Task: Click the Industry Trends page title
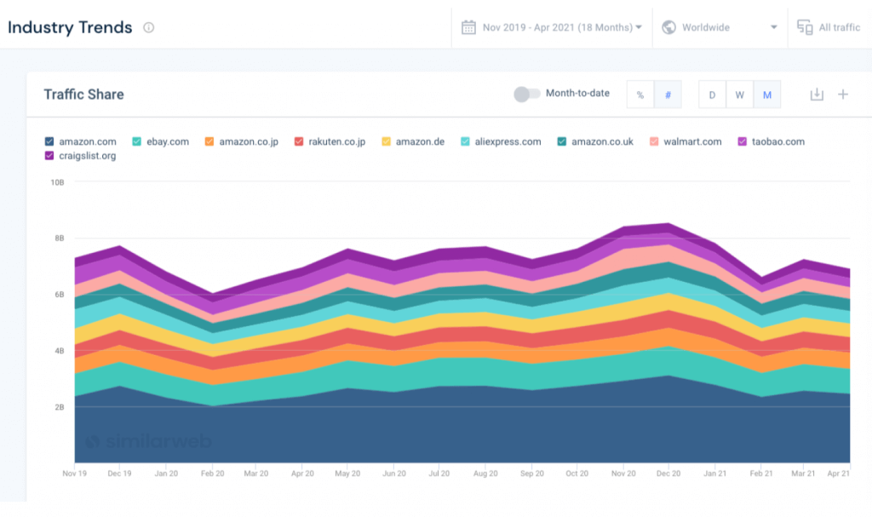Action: (70, 27)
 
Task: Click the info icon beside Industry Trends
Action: (149, 27)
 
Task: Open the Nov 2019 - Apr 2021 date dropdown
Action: (552, 27)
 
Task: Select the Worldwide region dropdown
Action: (719, 27)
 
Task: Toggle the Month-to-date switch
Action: (526, 94)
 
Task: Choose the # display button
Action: (668, 95)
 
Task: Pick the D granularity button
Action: (712, 95)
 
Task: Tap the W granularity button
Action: (739, 95)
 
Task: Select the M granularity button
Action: (766, 95)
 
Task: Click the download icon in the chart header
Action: (817, 94)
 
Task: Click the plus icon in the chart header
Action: (843, 94)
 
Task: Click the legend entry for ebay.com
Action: (161, 141)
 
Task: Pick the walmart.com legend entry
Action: (686, 141)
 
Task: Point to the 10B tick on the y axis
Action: (58, 182)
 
